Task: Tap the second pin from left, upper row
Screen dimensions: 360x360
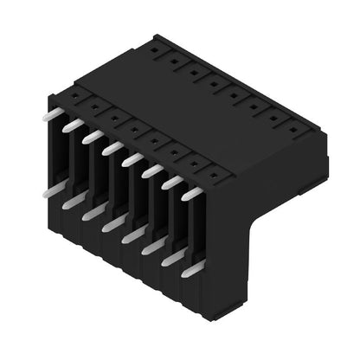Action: click(73, 125)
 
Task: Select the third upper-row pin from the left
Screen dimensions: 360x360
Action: click(93, 137)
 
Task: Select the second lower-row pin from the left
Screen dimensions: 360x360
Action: click(73, 200)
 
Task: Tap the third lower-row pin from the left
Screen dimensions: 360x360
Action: click(93, 212)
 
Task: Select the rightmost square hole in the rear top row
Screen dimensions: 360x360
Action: click(295, 132)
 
